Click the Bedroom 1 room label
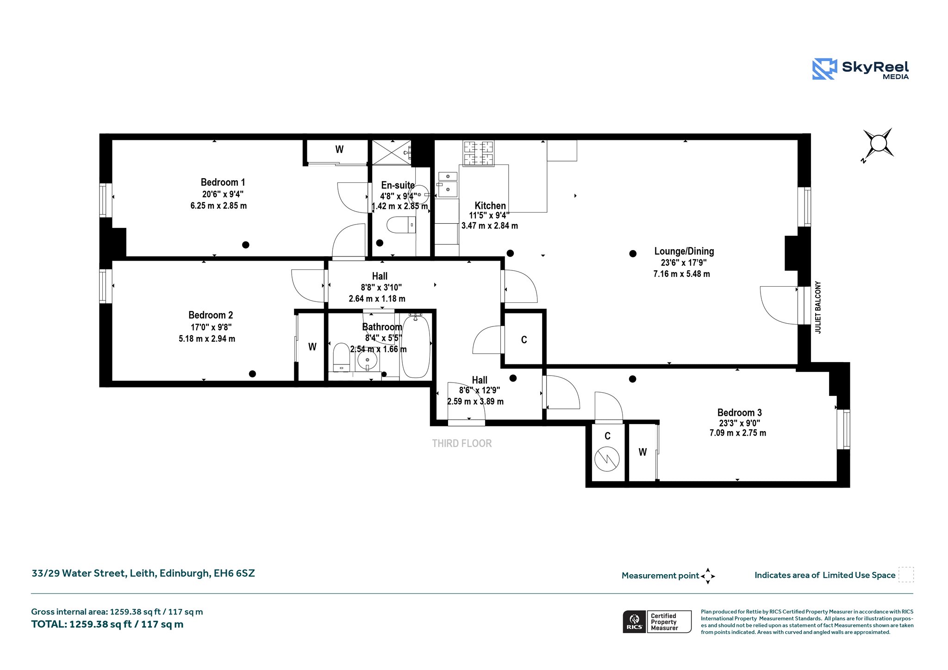pos(223,182)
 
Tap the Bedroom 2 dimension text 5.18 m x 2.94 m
pos(207,339)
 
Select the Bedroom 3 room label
pos(739,413)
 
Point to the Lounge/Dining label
pos(684,251)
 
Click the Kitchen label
pos(490,206)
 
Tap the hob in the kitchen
pos(479,153)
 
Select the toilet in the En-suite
pos(401,225)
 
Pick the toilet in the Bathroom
pos(342,357)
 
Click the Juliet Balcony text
pos(818,307)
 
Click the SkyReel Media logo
pos(861,69)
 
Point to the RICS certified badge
pos(657,622)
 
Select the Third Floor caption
pos(462,444)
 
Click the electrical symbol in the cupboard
pos(607,459)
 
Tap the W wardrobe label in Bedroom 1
pos(339,150)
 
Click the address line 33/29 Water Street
pos(143,573)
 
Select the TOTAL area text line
pos(107,624)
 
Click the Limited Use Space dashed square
pos(906,575)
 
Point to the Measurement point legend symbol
pos(708,576)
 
